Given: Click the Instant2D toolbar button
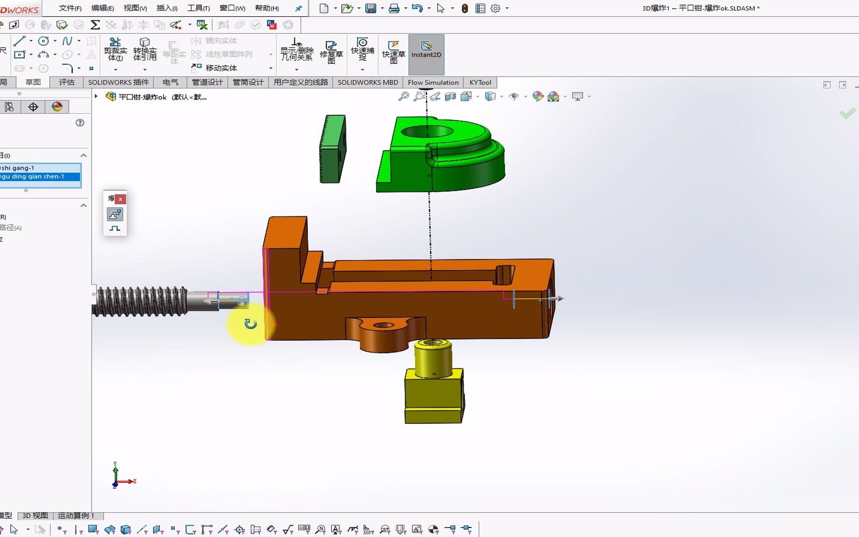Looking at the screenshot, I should [x=426, y=54].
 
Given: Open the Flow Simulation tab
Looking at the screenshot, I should [x=433, y=83].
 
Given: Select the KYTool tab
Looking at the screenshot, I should [x=480, y=83].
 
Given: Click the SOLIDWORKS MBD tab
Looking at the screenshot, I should [x=368, y=83].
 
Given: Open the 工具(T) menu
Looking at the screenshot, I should [x=198, y=8].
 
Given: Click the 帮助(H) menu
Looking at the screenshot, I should [x=266, y=8].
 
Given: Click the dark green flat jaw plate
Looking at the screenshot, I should [x=333, y=149].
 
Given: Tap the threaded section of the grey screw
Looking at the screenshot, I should [x=142, y=301].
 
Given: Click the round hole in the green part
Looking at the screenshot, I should [x=427, y=132].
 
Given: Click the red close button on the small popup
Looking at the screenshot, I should [x=120, y=199].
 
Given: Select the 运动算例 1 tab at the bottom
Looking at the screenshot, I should [x=76, y=516].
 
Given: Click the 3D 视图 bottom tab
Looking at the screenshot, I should [x=35, y=516].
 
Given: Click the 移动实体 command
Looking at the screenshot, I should [x=221, y=68].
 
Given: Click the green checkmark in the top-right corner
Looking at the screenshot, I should [x=848, y=113].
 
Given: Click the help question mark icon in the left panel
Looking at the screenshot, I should [x=80, y=123].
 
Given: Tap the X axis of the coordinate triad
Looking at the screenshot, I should [x=129, y=481].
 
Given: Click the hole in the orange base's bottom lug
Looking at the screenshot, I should [x=383, y=326].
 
